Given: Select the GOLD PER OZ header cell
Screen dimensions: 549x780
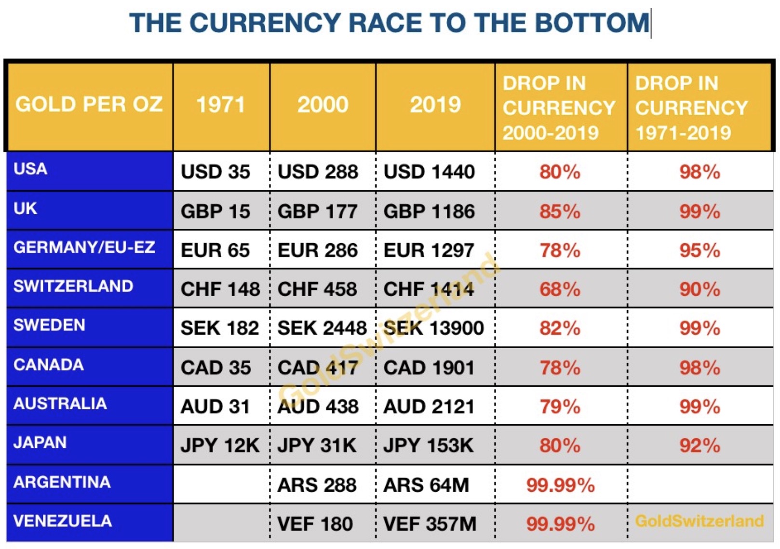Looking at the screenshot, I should pos(89,105).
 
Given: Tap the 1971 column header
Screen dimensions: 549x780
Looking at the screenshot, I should pos(221,105).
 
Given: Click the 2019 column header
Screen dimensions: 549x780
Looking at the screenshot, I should pos(435,105).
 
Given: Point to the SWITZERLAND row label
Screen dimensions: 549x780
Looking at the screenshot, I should pos(73,287).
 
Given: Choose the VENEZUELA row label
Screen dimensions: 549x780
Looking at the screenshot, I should pos(63,521).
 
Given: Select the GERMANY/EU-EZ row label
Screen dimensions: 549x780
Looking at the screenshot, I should pos(84,248).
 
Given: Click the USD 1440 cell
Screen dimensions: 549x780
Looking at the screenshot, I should pos(429,172).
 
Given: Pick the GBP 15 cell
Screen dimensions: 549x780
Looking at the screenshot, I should pos(215,211).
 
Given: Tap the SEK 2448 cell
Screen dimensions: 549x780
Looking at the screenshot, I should pos(322,328).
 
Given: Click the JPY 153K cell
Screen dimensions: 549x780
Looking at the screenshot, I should pos(428,445).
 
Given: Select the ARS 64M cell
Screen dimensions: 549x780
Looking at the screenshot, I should pos(426,485).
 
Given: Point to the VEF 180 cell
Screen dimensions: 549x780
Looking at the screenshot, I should pos(315,524).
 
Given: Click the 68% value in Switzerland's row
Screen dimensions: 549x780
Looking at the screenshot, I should pos(560,289).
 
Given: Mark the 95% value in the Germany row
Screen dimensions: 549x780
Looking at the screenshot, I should pos(699,250).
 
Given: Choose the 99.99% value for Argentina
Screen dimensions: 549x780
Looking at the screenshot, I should pos(560,485).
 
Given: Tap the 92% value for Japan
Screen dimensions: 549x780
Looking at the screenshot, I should pos(699,445).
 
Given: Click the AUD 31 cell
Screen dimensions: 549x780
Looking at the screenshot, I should pos(215,407).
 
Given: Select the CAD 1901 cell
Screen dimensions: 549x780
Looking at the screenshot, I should pos(429,368).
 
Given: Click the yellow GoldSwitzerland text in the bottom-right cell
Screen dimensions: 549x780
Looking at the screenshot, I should pos(699,521).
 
